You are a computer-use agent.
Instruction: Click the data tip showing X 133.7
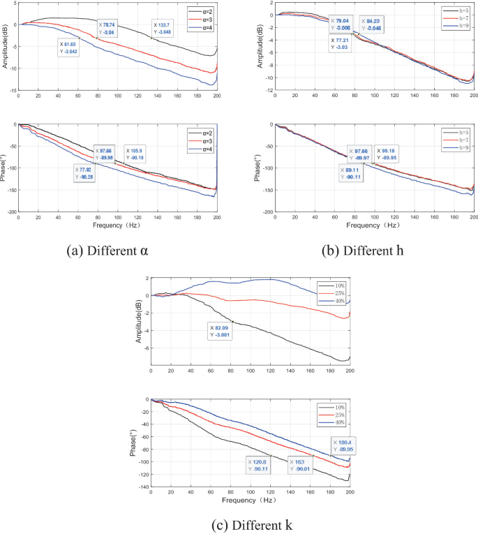(164, 29)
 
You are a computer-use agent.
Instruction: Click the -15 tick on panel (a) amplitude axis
(12, 91)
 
